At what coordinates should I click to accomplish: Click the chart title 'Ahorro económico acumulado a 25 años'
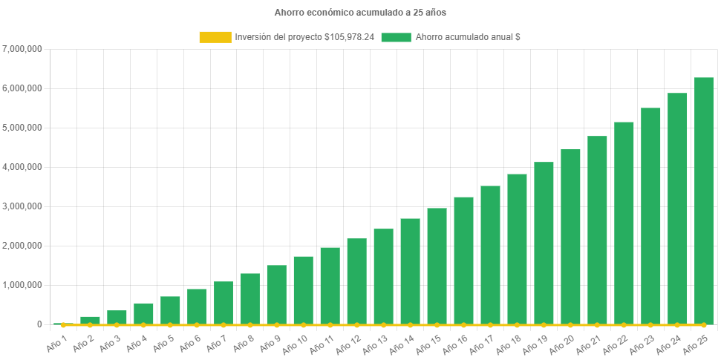[x=360, y=13]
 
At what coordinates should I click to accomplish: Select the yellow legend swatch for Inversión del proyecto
[x=215, y=37]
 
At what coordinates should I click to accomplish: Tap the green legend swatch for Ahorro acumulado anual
[x=396, y=37]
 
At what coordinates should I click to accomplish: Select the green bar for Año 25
[x=703, y=200]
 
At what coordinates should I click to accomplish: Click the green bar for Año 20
[x=570, y=237]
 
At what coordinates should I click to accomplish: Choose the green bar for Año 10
[x=303, y=290]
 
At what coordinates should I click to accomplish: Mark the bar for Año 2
[x=90, y=320]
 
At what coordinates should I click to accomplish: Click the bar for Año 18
[x=517, y=249]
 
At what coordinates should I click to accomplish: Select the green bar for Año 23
[x=650, y=216]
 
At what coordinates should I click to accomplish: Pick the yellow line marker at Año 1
[x=63, y=324]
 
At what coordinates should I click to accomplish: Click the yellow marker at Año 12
[x=356, y=324]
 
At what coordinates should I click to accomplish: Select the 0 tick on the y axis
[x=38, y=324]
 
